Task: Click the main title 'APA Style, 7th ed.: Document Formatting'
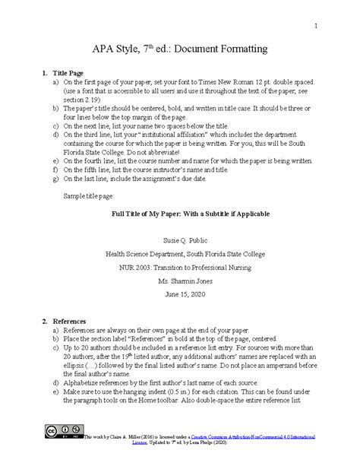179,49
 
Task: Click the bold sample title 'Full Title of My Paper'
179,214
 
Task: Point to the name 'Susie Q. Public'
179,237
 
